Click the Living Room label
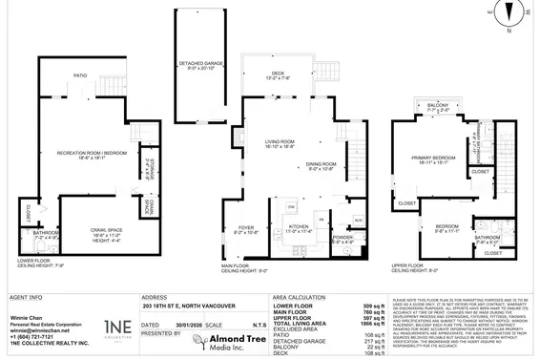pos(281,141)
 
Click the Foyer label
pos(245,226)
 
